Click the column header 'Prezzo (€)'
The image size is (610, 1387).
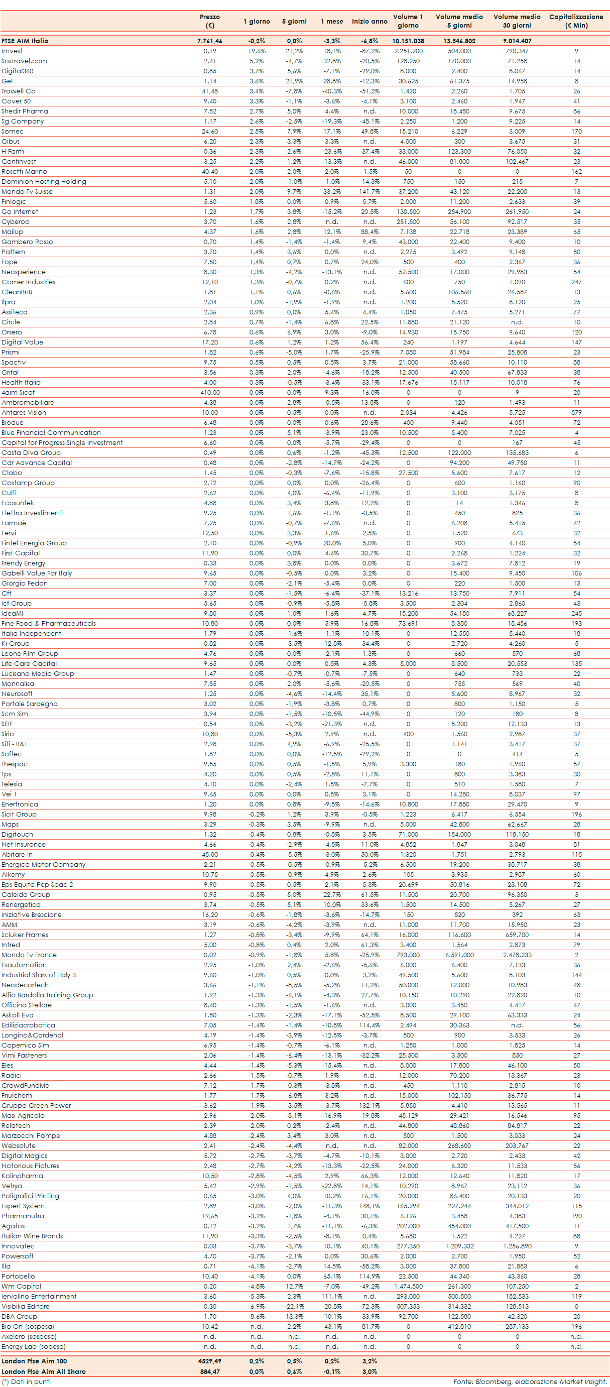[x=209, y=21]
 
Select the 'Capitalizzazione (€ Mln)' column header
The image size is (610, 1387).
[x=575, y=21]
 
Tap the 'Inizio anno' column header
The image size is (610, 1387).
[x=370, y=22]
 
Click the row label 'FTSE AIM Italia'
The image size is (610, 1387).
[x=25, y=41]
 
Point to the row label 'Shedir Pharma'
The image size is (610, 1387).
[x=25, y=111]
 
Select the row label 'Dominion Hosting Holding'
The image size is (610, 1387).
[x=44, y=181]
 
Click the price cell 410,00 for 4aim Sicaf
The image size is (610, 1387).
[x=209, y=393]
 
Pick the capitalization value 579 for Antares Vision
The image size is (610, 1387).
[x=576, y=412]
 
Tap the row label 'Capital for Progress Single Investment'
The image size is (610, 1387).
[x=62, y=442]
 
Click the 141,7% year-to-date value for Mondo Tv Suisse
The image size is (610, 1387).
[x=370, y=192]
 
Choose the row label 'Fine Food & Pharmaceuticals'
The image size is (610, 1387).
[x=49, y=624]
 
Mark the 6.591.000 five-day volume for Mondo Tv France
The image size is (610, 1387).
[x=459, y=955]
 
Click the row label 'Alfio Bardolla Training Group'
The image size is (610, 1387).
[x=47, y=995]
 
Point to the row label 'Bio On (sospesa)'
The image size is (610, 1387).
[x=28, y=1327]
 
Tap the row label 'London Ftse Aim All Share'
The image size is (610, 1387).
[x=44, y=1371]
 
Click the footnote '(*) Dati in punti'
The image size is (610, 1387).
[x=27, y=1381]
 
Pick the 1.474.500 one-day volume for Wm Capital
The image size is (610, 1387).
[x=408, y=1286]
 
